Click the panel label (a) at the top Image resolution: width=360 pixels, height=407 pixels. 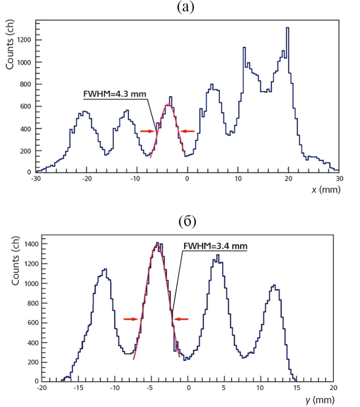186,7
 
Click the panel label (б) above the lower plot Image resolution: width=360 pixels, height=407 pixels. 187,222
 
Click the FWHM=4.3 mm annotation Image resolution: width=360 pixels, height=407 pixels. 114,94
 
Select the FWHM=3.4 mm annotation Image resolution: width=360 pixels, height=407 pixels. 215,246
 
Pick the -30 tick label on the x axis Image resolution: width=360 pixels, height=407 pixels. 36,178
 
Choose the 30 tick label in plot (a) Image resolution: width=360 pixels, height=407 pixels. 339,178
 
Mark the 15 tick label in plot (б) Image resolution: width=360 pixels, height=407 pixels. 297,388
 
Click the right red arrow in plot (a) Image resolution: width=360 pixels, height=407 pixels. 188,131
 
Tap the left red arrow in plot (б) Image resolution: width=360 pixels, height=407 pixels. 131,319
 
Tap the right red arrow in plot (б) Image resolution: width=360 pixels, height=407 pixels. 180,319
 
